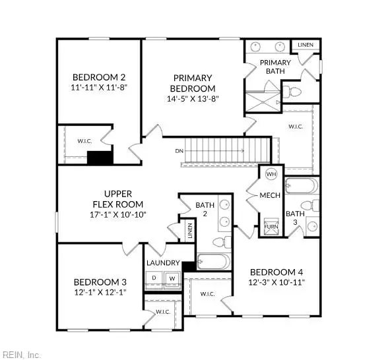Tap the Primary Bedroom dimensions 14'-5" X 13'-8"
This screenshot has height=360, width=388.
[x=192, y=99]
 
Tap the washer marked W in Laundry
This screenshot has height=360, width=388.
[x=172, y=278]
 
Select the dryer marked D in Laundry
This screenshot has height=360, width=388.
[x=154, y=278]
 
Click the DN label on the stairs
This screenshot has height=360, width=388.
[x=179, y=151]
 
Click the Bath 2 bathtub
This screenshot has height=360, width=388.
[x=213, y=262]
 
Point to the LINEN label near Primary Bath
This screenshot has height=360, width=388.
[x=305, y=45]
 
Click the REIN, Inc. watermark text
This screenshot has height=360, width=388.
[x=20, y=354]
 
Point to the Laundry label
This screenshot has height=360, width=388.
[x=163, y=262]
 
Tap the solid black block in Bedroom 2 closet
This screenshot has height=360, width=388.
[x=101, y=158]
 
